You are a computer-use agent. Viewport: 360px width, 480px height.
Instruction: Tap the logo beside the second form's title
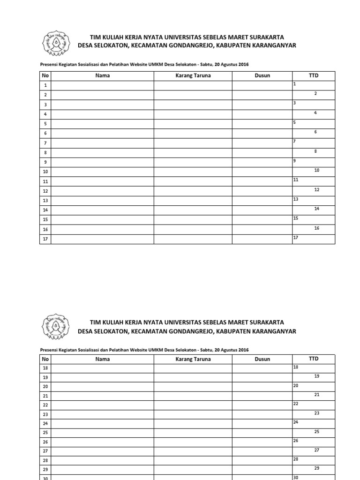click(56, 326)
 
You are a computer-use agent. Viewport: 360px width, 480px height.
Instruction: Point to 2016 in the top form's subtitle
click(243, 64)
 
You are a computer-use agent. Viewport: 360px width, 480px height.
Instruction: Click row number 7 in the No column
click(45, 143)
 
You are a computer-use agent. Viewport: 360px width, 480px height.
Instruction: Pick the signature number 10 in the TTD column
click(317, 170)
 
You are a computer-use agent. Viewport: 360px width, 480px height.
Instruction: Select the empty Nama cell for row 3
click(102, 105)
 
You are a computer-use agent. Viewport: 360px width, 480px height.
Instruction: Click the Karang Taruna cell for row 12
click(193, 191)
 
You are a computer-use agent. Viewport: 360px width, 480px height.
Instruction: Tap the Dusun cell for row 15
click(262, 219)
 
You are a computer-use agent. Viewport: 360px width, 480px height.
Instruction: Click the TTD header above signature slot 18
click(314, 359)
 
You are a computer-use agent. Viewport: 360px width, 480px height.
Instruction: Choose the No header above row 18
click(45, 359)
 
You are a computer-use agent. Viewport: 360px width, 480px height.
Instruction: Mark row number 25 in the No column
click(45, 432)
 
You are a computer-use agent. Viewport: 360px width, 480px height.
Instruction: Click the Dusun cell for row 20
click(262, 387)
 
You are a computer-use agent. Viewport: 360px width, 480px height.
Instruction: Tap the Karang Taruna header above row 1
click(193, 75)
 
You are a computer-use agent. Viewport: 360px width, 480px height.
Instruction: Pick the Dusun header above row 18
click(262, 359)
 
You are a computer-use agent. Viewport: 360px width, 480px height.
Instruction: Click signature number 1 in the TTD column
click(295, 83)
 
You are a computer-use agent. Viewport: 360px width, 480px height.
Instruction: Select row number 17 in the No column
click(45, 239)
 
